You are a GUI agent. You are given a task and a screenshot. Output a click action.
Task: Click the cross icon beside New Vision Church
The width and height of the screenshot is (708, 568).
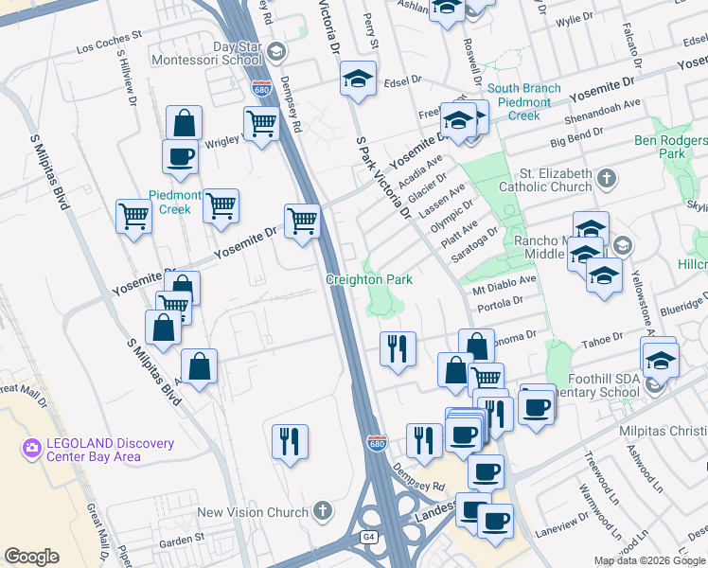(322, 512)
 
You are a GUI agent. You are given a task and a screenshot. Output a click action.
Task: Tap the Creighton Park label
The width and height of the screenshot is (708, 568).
(368, 280)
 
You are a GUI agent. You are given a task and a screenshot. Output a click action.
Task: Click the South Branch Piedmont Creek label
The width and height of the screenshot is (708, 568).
(524, 102)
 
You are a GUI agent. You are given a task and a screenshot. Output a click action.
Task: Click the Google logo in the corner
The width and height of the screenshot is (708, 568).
(31, 557)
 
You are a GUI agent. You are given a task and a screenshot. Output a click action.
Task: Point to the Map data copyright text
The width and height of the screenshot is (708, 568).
(648, 560)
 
